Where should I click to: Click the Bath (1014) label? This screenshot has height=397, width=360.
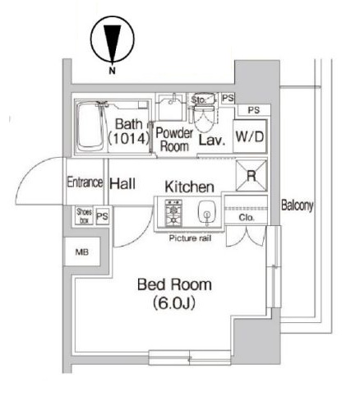coord(127,133)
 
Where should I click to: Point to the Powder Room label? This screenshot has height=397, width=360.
coord(173,139)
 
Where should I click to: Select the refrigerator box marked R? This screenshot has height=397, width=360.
coord(248,175)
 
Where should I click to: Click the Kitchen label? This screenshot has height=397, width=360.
coord(190,187)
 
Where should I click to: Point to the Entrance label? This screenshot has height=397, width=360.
coord(84,182)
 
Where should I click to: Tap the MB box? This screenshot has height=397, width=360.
coord(84,252)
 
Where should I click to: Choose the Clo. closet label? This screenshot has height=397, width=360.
coord(245,219)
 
